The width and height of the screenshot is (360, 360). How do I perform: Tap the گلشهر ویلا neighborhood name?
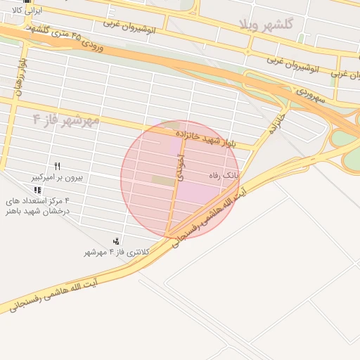click(x=265, y=25)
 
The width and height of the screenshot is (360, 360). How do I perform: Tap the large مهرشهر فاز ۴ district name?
click(x=67, y=119)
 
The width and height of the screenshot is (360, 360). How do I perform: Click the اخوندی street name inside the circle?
click(x=178, y=169)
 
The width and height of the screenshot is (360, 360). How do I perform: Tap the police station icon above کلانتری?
click(x=116, y=241)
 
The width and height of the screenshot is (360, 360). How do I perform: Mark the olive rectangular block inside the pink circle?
click(x=162, y=181)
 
